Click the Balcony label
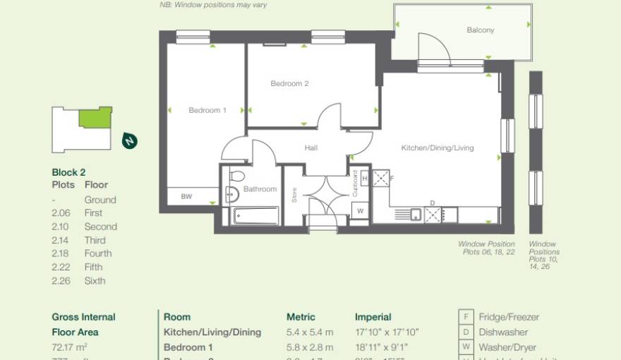[480, 30]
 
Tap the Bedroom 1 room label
[207, 110]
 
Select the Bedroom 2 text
[289, 83]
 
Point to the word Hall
[310, 148]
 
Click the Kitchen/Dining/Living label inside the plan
[438, 148]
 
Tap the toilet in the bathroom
[237, 176]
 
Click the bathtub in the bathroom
[255, 215]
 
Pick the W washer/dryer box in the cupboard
[360, 211]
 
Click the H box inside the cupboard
[364, 179]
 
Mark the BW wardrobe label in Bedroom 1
[186, 197]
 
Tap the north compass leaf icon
[129, 140]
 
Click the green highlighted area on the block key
[95, 118]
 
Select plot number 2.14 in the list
[62, 240]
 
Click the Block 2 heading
[68, 172]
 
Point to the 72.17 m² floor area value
[67, 347]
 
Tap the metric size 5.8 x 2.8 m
[310, 347]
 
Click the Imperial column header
[373, 317]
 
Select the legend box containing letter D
[466, 332]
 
